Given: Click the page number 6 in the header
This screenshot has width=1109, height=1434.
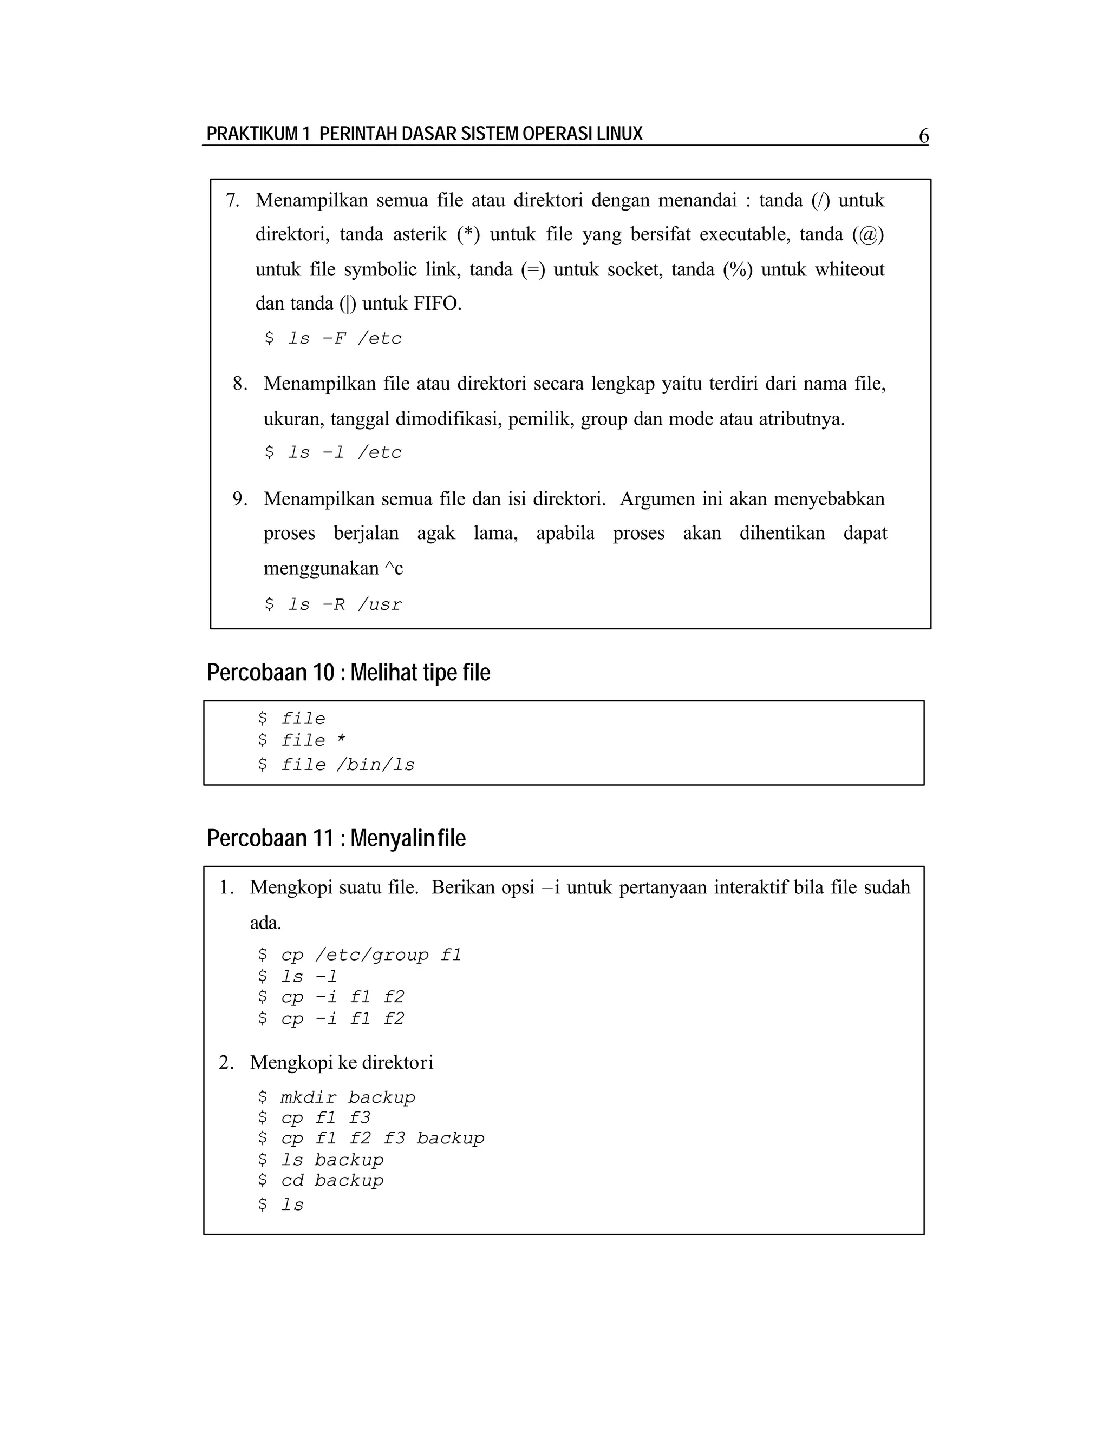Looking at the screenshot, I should (923, 136).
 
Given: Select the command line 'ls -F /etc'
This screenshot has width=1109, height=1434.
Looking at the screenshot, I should (333, 338).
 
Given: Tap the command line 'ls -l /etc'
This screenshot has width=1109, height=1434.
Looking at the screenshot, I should (333, 452).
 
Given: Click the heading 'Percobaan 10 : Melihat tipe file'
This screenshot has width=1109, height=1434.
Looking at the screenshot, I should (348, 672).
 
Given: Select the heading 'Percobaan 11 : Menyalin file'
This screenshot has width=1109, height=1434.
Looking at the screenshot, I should (336, 838).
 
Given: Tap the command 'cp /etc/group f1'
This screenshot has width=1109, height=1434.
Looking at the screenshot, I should (360, 955).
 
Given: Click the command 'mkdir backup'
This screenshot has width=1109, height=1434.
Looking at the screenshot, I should (336, 1097).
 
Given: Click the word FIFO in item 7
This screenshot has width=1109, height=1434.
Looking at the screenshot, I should (437, 304).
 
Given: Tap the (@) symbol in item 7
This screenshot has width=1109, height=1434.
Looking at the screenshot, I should (868, 234).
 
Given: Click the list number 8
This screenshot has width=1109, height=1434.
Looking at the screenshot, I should (240, 384).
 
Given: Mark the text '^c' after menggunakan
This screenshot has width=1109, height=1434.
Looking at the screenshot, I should (394, 568).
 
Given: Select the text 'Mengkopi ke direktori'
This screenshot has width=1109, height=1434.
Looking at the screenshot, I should (342, 1062).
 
